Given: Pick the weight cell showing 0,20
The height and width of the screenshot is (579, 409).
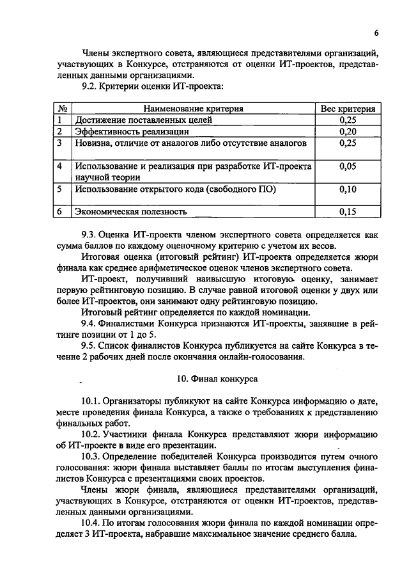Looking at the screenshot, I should (x=348, y=131).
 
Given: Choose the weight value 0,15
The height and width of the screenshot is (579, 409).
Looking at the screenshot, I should (x=348, y=211).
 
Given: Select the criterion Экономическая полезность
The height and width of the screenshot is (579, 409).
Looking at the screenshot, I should (x=131, y=211).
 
